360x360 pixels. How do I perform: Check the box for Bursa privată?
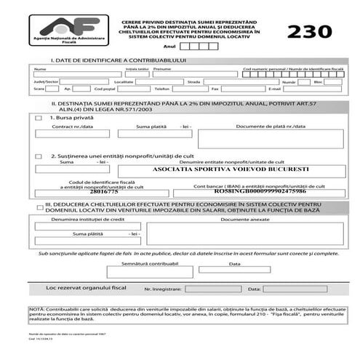(39, 117)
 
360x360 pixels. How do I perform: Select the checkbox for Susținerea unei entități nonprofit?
(39, 156)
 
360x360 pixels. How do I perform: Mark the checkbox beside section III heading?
(39, 207)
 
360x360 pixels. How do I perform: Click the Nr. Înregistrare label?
(163, 289)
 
